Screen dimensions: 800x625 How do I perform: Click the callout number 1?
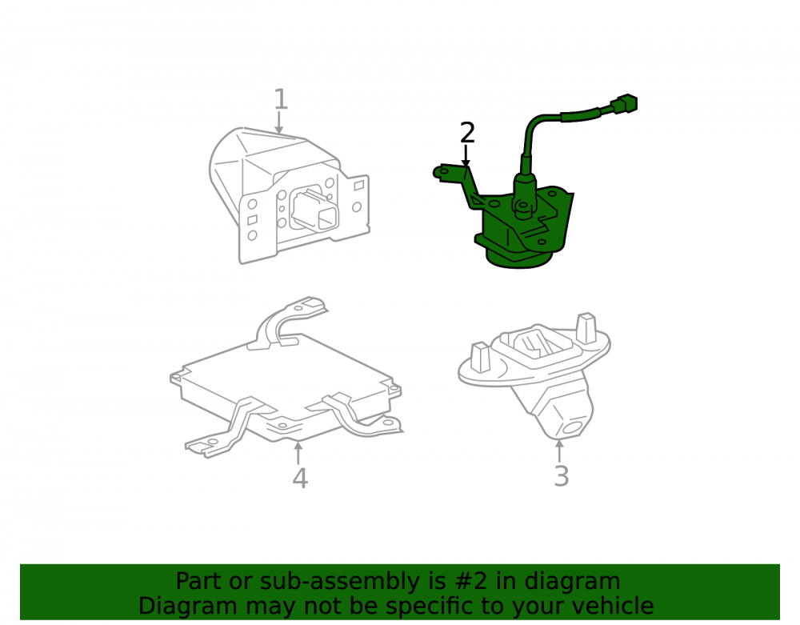tap(281, 99)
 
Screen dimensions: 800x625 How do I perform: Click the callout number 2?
tap(467, 133)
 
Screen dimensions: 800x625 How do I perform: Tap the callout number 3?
tap(562, 476)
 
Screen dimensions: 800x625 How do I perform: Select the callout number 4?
tap(300, 478)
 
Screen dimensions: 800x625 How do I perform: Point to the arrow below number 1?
tap(278, 123)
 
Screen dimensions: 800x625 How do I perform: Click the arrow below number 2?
tap(466, 155)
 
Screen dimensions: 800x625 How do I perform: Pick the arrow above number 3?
tap(560, 451)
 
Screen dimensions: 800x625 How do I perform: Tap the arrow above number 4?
tap(298, 454)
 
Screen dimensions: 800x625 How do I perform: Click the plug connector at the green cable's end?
tap(623, 104)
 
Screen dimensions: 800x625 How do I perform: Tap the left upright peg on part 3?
tap(480, 356)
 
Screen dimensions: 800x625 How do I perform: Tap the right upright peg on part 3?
tap(586, 327)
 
